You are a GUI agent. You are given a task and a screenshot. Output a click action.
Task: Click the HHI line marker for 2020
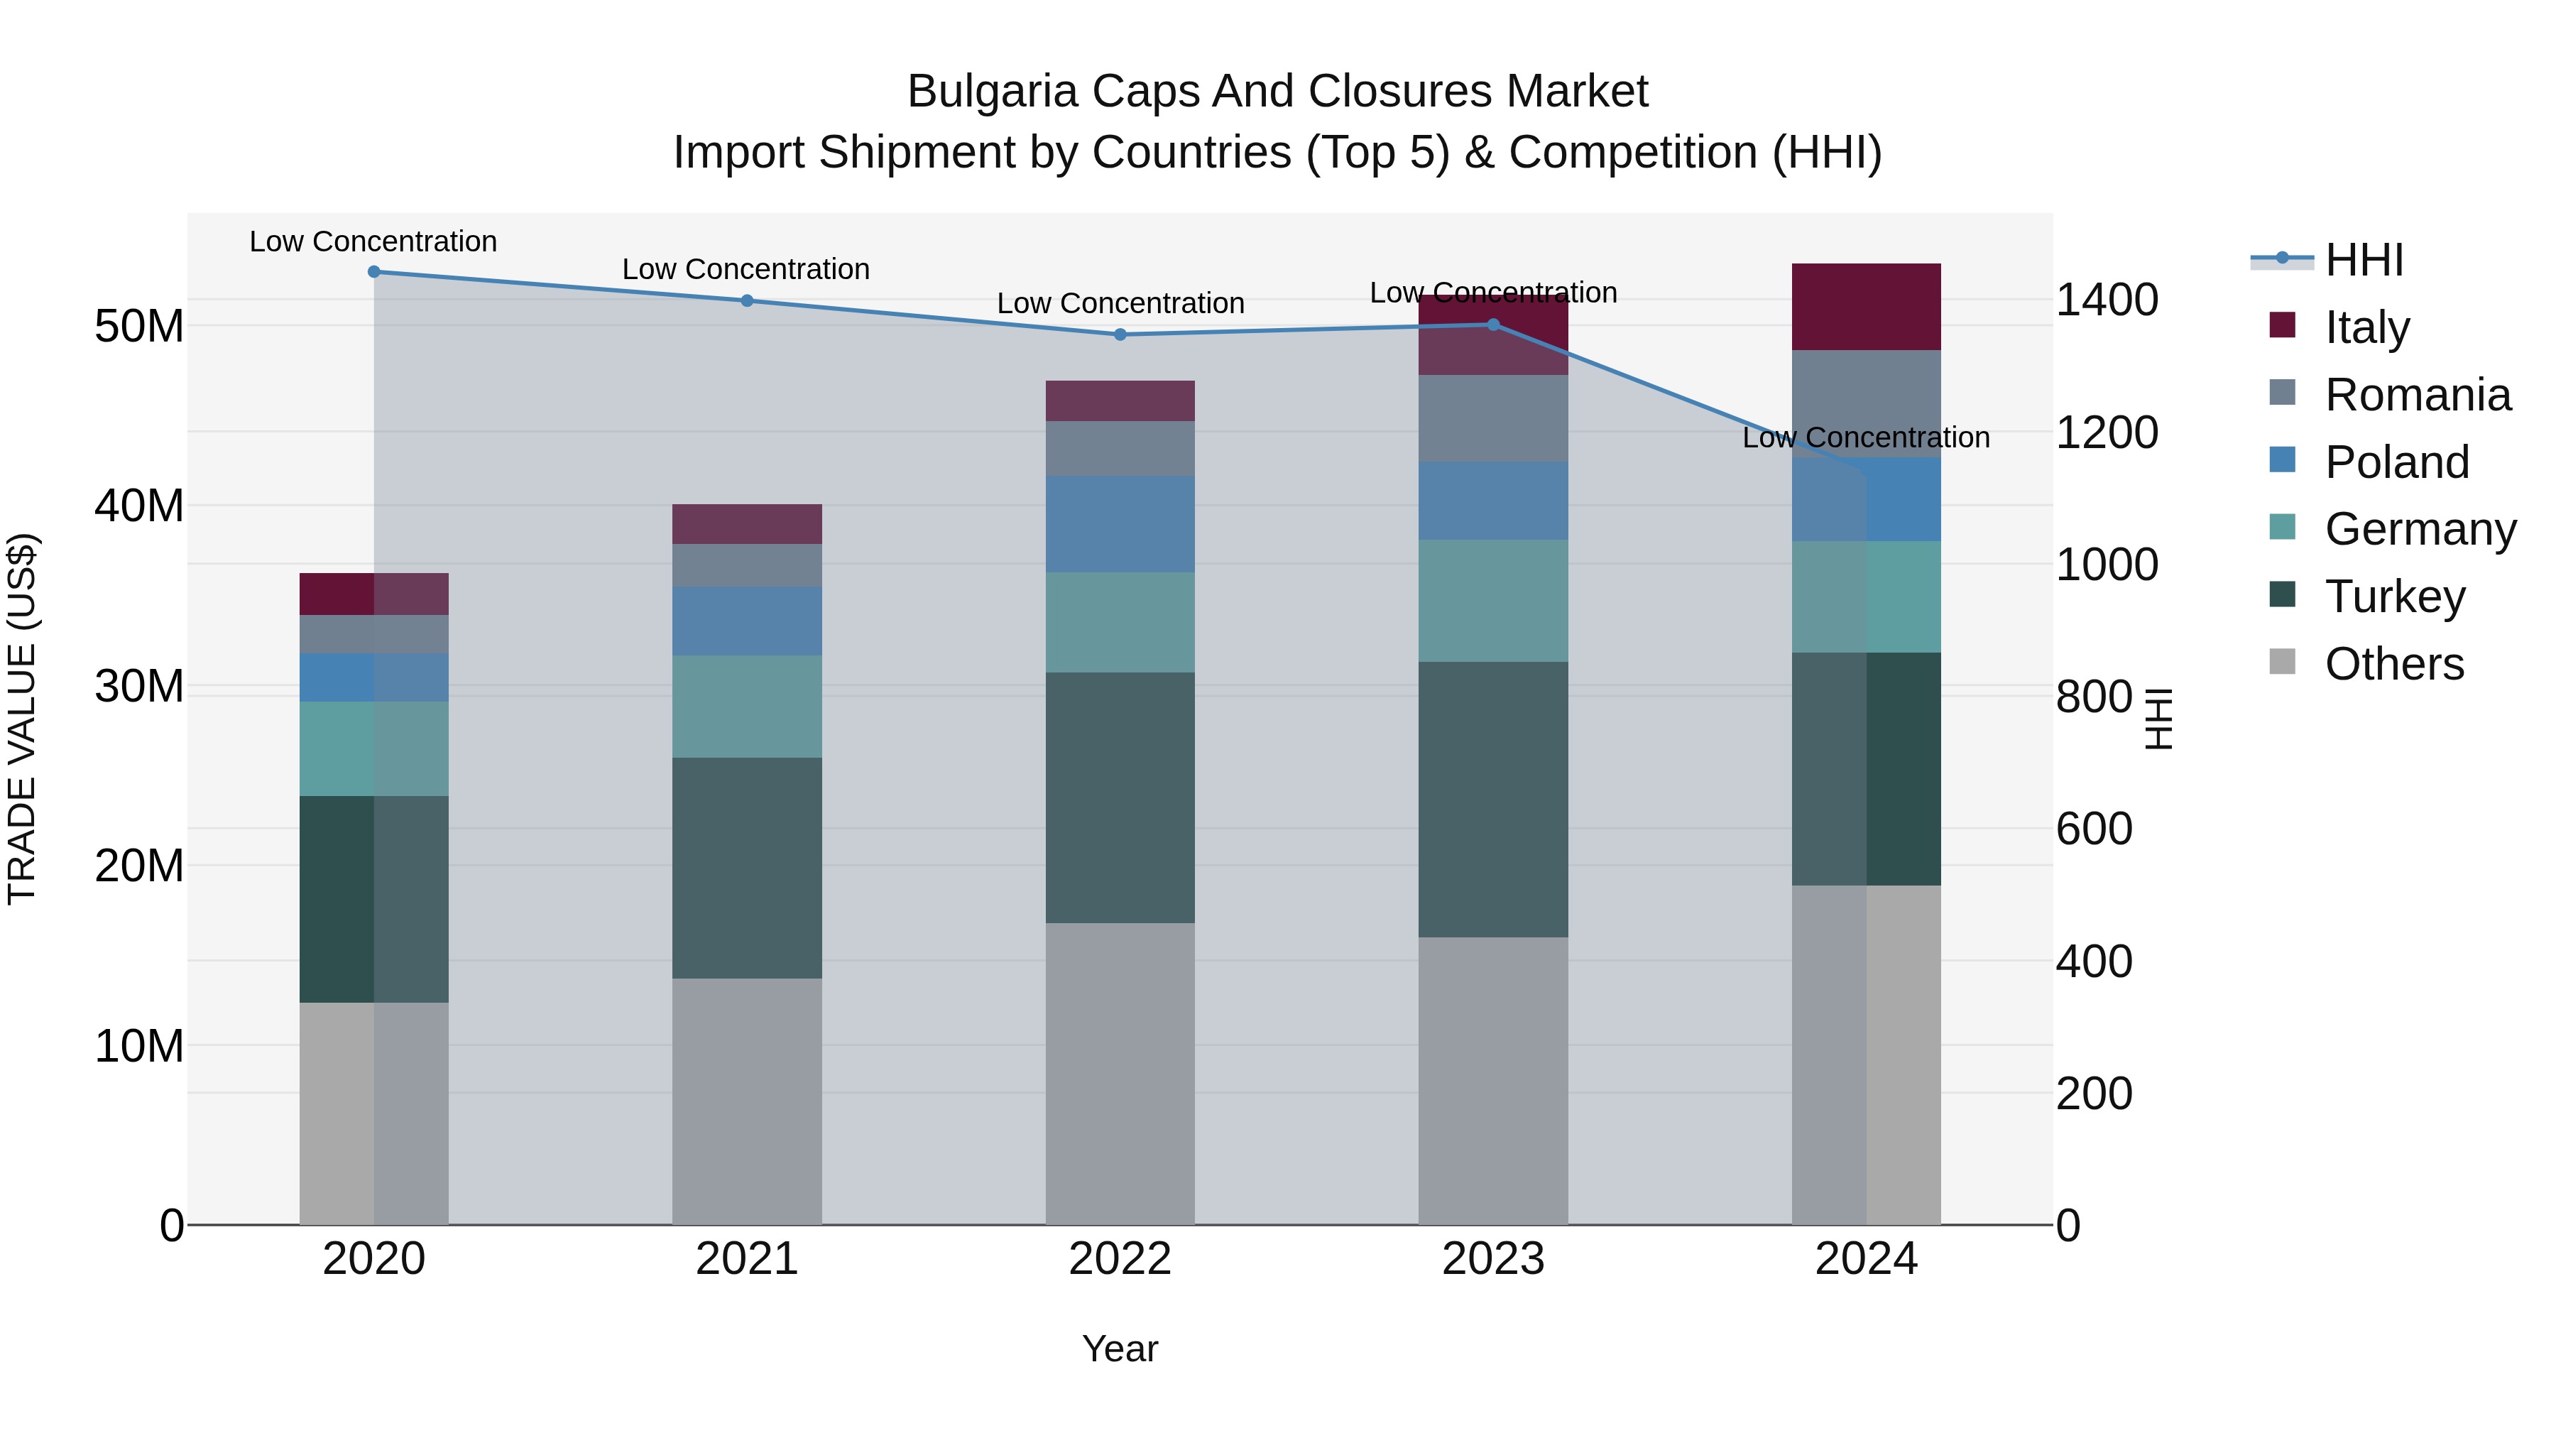(x=374, y=272)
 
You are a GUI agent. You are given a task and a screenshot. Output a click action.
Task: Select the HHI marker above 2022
(x=1120, y=334)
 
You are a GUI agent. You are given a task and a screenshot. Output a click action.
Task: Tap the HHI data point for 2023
(x=1493, y=325)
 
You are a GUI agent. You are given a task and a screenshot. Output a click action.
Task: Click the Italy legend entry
(x=2366, y=327)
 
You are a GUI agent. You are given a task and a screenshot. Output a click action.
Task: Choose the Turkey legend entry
(x=2394, y=597)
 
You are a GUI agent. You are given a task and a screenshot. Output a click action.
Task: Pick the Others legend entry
(x=2393, y=664)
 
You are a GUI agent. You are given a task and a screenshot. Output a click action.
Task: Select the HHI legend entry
(x=2364, y=260)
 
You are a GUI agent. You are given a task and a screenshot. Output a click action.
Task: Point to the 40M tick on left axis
(x=139, y=506)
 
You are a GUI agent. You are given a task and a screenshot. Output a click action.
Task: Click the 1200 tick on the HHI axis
(x=2106, y=432)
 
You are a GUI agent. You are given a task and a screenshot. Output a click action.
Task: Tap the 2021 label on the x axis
(x=746, y=1259)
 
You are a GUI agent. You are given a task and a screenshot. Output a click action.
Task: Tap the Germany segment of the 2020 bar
(x=374, y=748)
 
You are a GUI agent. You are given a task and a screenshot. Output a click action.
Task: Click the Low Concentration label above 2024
(x=1865, y=437)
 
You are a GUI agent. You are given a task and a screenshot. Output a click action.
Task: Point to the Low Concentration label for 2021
(x=746, y=269)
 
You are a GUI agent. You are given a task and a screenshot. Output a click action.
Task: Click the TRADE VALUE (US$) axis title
(x=23, y=719)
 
